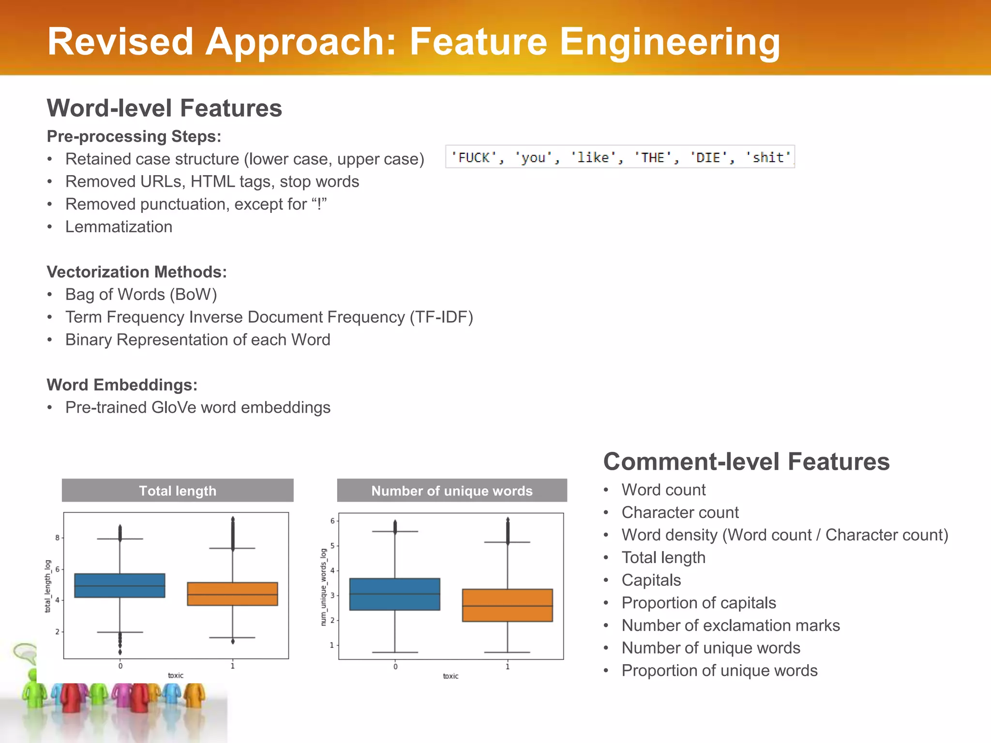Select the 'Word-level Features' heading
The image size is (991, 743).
click(x=164, y=108)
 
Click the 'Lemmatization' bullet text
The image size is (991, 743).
click(x=119, y=227)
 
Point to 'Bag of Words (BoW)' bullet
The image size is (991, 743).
click(x=141, y=295)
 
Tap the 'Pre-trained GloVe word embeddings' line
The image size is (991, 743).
click(x=197, y=407)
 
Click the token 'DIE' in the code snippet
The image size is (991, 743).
click(x=708, y=158)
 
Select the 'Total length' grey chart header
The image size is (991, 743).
click(x=178, y=490)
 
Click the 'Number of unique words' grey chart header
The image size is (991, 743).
click(x=451, y=490)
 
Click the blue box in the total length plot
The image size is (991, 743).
click(x=120, y=585)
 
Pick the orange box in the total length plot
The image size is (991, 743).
click(x=232, y=594)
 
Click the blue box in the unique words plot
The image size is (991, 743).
click(x=394, y=594)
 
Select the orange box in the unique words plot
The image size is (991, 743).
click(x=507, y=605)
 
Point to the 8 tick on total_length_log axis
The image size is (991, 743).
click(x=57, y=538)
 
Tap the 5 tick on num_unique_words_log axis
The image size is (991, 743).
click(x=332, y=546)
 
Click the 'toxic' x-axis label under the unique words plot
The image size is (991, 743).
click(x=450, y=676)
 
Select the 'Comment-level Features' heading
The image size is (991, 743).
click(x=746, y=461)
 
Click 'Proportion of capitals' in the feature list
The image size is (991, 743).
click(x=698, y=603)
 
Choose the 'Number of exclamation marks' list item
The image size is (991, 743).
click(x=730, y=625)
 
